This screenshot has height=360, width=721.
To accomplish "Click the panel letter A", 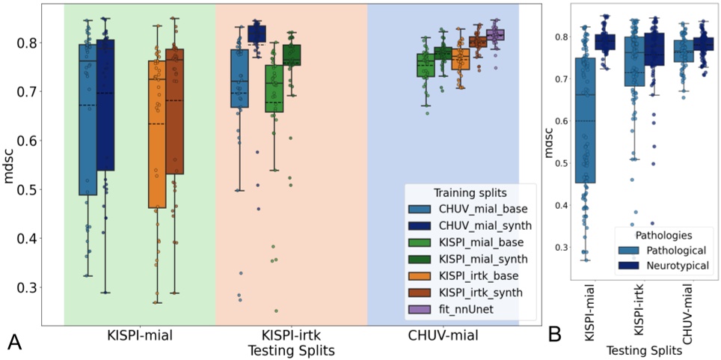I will (13, 342).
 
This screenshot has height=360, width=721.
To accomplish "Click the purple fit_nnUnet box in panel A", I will (495, 34).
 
